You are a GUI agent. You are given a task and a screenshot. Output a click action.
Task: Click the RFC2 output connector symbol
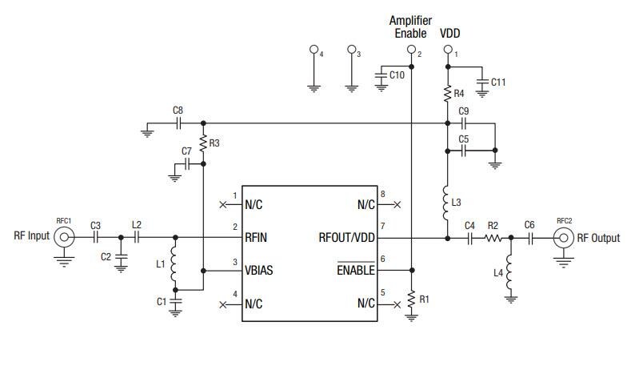[x=565, y=237]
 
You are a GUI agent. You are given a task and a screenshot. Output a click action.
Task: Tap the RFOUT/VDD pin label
[x=346, y=237]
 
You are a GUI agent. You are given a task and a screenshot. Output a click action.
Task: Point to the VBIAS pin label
[x=259, y=271]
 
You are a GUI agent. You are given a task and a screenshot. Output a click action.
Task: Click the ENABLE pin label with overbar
[x=354, y=271]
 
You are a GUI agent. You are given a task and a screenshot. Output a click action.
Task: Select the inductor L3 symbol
[x=446, y=203]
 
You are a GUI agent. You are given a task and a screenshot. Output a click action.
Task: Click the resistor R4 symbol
[x=448, y=95]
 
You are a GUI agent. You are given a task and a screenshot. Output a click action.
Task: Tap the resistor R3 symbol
[x=203, y=143]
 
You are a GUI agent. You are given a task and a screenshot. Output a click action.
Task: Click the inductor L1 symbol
[x=174, y=264]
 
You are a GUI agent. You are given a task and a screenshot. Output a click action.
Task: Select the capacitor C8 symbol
[x=179, y=124]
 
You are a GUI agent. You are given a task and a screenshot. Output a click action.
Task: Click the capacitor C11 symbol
[x=481, y=82]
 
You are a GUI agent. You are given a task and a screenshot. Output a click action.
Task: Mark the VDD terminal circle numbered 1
[x=448, y=50]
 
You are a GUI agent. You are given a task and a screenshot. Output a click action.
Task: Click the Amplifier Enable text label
[x=411, y=26]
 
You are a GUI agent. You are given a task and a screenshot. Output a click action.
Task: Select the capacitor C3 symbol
[x=95, y=237]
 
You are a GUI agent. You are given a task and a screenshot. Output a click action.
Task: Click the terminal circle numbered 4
[x=314, y=50]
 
